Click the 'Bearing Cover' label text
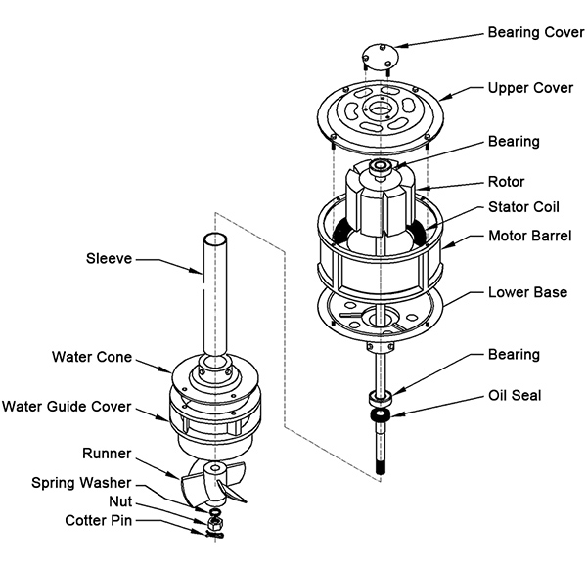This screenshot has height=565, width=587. coord(535,32)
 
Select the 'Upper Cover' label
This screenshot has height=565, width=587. coord(529,88)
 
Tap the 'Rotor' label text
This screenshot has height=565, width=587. coord(507,181)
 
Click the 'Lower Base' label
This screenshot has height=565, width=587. coord(528,292)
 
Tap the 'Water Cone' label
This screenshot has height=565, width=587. coord(90,357)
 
